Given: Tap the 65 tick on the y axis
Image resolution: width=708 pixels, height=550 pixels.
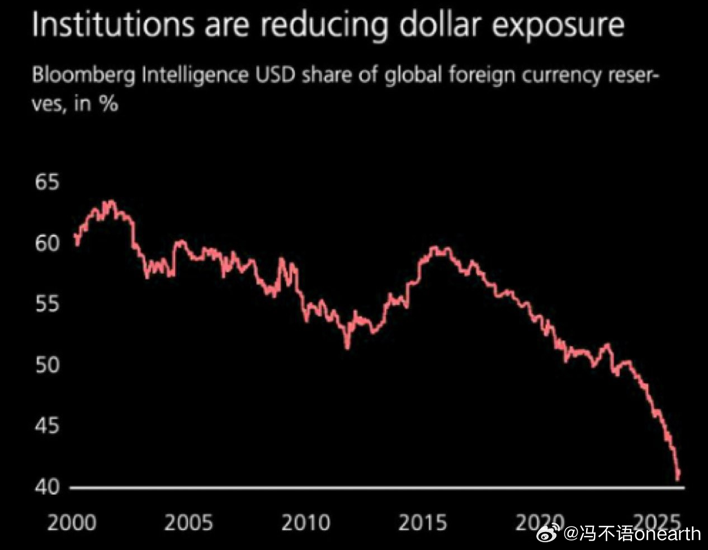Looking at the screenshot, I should coord(46,182).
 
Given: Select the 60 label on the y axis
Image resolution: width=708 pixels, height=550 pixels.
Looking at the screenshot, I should coord(46,243).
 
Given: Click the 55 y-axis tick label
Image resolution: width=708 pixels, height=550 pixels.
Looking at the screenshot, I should coord(46,304).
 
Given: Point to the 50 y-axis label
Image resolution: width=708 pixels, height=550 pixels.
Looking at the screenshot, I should coord(46,365).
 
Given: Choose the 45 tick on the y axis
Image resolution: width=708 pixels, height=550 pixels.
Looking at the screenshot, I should coord(46,426).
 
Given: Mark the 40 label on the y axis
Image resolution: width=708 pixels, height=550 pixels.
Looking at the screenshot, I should coord(46,487).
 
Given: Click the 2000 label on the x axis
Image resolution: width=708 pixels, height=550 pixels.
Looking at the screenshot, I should coord(72,523).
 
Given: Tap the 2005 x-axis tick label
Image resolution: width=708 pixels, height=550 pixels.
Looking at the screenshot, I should coord(188,523).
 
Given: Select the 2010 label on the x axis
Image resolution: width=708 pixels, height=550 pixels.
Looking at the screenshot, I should coord(305,523).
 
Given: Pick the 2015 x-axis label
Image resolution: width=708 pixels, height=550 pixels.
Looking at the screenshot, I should coord(422,523).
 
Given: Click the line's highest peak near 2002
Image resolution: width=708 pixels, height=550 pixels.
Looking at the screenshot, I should coord(112,201).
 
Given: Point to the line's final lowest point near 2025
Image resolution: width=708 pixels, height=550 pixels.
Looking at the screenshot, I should coord(678,479).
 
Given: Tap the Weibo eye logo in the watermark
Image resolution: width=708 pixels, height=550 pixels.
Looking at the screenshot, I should coord(549,532).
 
